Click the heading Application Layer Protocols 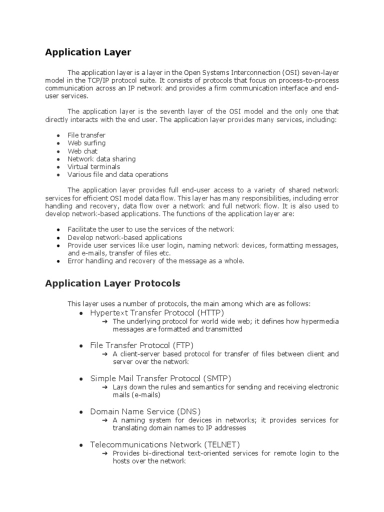pos(112,284)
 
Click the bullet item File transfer pos(86,135)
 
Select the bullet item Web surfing pos(86,143)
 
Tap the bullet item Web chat pos(82,151)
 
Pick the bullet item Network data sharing pos(101,159)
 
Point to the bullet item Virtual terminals pos(93,166)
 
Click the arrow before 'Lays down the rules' pos(105,387)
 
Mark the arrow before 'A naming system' pos(105,420)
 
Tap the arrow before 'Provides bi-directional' pos(105,453)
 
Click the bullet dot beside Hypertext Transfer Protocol pos(81,313)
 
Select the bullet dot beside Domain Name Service pos(81,411)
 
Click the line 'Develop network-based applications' pos(124,237)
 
